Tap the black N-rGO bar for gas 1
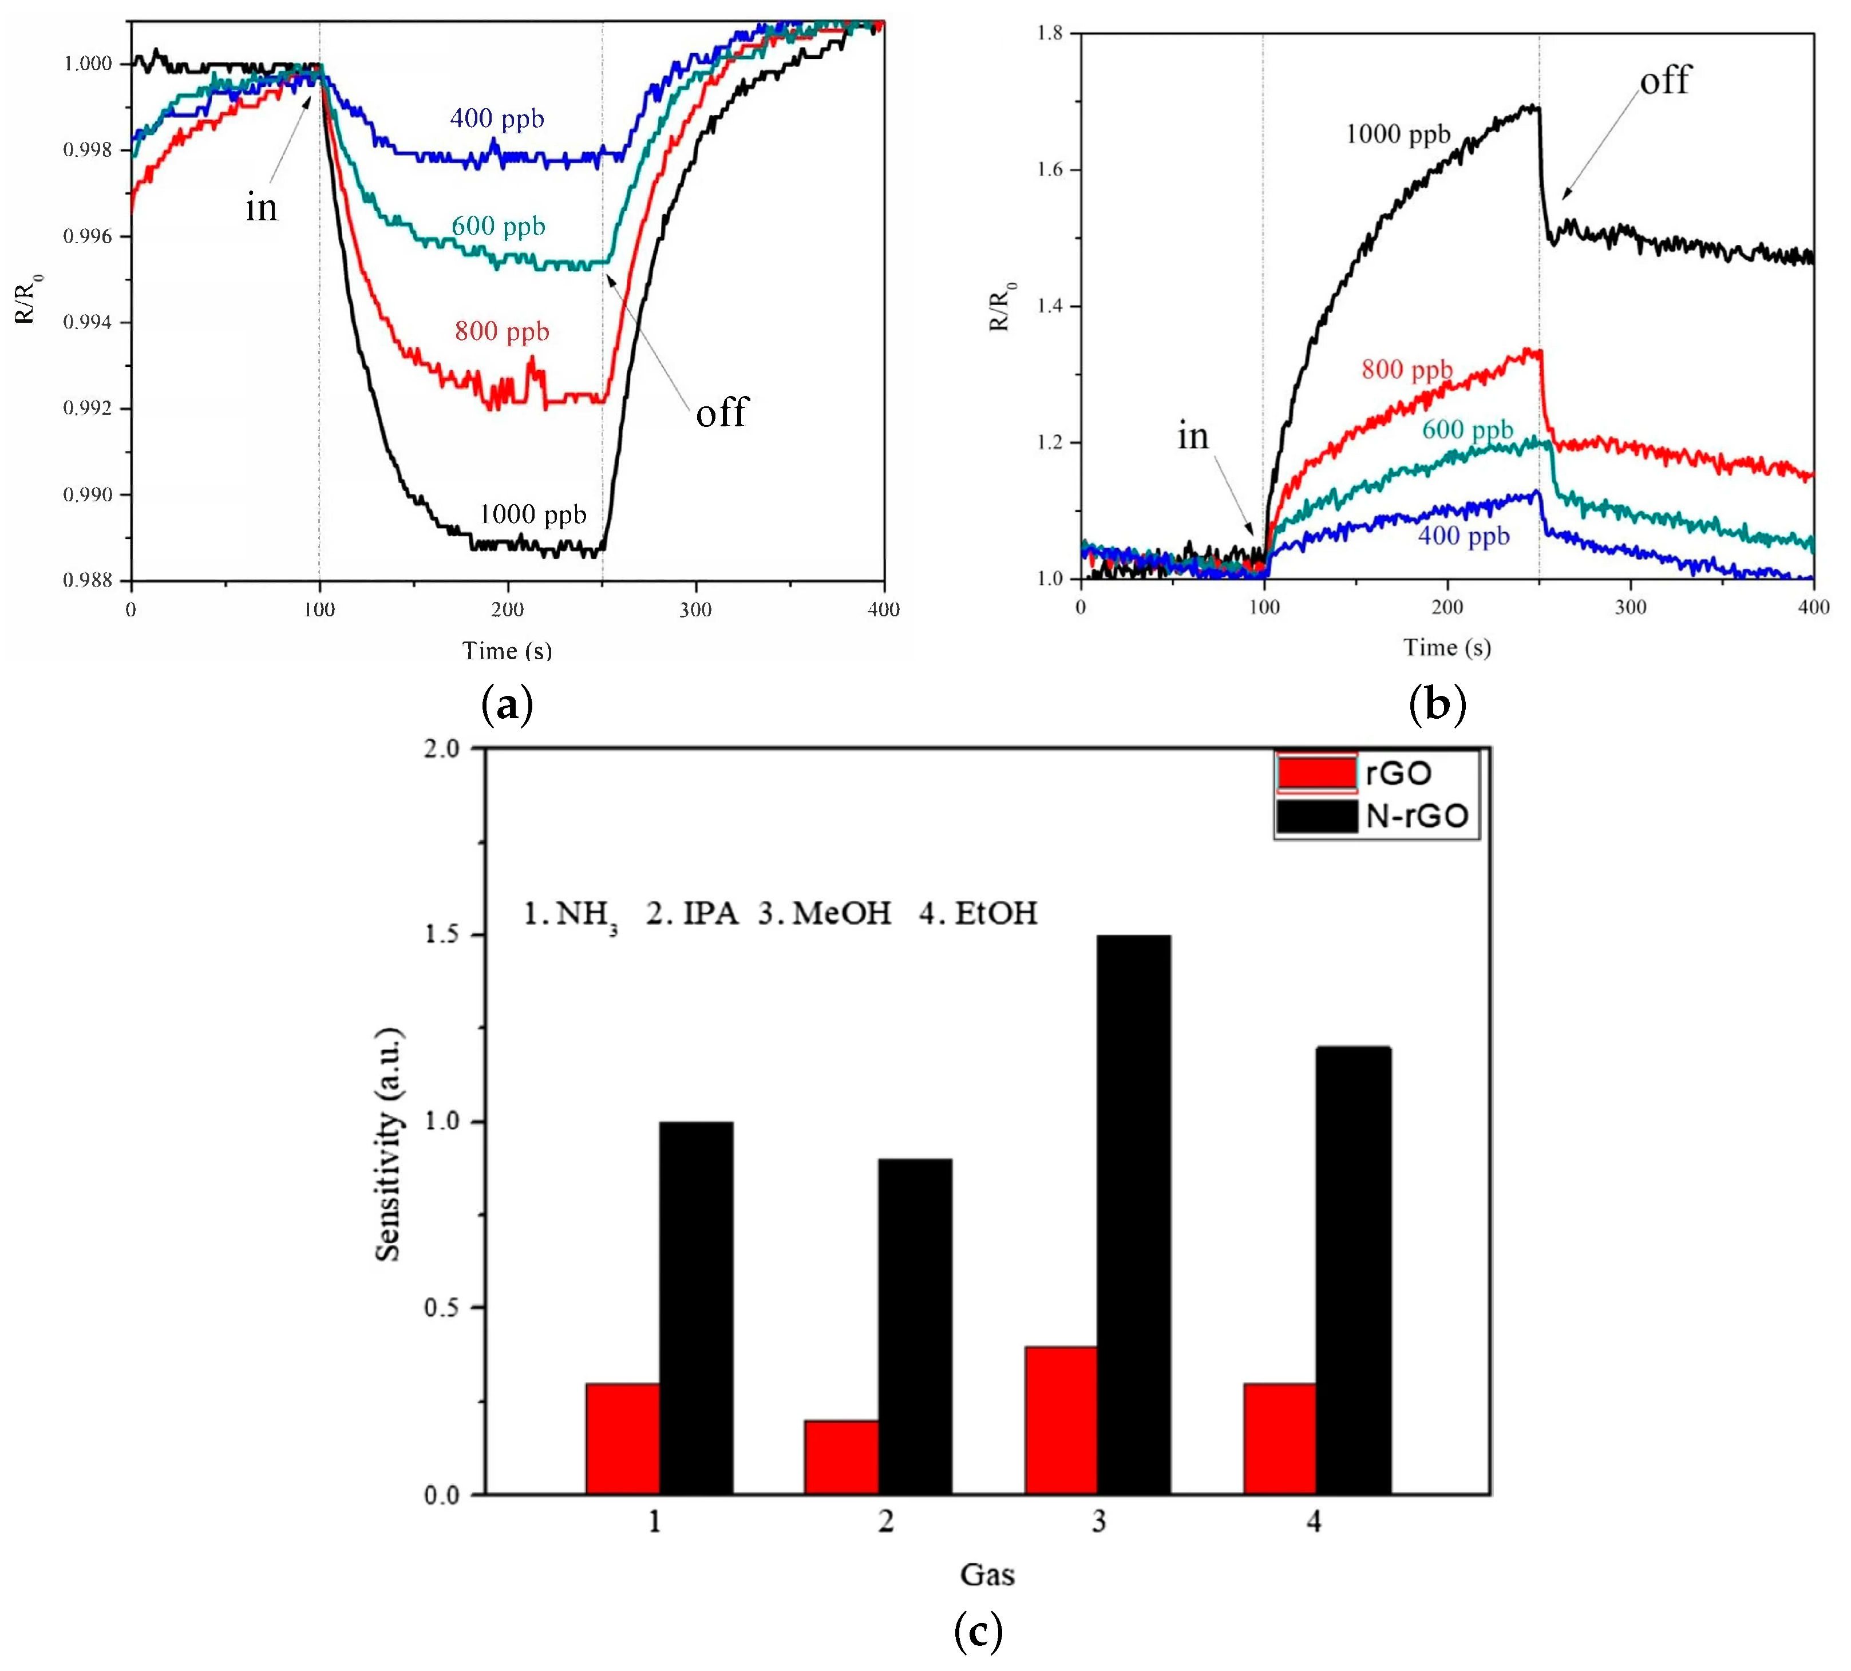point(696,1308)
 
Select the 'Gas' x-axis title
point(987,1575)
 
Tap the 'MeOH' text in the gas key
point(841,913)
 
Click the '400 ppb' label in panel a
point(497,118)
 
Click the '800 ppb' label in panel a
point(501,331)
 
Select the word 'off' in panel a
point(722,412)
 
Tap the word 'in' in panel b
point(1193,436)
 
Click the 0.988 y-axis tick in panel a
point(88,580)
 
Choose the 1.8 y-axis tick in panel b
point(1050,34)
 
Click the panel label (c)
point(978,1633)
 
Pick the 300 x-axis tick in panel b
point(1631,607)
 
